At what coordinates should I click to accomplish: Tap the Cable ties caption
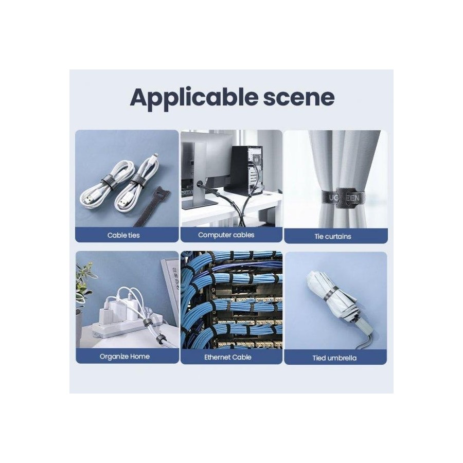click(123, 235)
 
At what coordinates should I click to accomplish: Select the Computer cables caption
click(226, 235)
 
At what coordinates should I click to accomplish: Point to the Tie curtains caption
click(333, 237)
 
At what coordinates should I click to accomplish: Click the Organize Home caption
click(124, 357)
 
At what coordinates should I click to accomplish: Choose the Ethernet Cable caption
click(228, 358)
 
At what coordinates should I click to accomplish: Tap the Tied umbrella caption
click(334, 358)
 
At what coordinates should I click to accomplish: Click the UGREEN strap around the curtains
click(343, 197)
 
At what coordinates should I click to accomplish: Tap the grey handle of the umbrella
click(361, 329)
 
